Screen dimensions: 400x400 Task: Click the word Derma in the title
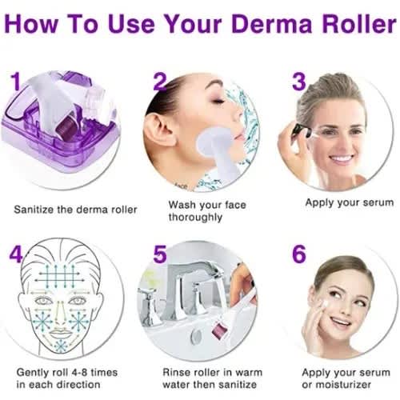[x=272, y=24]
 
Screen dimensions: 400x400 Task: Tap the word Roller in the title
[x=359, y=23]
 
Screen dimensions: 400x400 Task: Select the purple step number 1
[x=16, y=82]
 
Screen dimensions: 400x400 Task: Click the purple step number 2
[x=160, y=82]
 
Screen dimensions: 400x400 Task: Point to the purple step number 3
[x=299, y=82]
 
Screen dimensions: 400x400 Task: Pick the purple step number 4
[x=16, y=254]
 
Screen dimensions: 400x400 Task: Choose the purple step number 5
[x=160, y=254]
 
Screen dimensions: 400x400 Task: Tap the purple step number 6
[x=299, y=254]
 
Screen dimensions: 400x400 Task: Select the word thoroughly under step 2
[x=195, y=218]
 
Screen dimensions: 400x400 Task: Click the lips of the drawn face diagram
[x=60, y=334]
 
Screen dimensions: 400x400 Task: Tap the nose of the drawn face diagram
[x=60, y=318]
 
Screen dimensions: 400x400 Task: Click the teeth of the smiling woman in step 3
[x=342, y=159]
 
